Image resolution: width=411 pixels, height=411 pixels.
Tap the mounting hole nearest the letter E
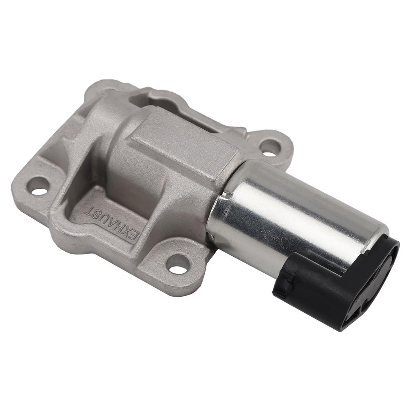coord(178,265)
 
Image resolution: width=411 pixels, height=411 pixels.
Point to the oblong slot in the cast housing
coord(155,100)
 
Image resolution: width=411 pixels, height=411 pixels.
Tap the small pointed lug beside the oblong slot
coord(240,131)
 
